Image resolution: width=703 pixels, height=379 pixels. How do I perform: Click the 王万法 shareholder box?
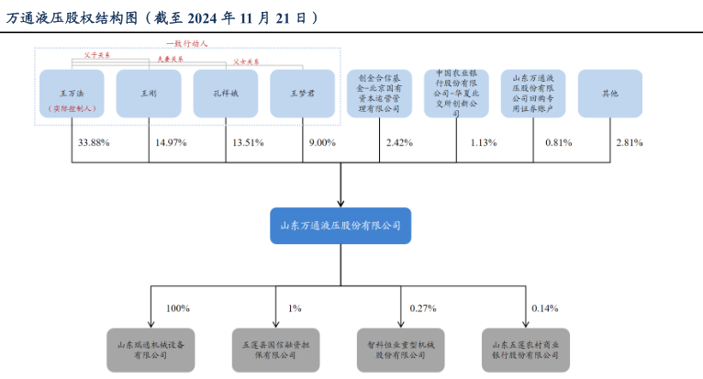(72, 94)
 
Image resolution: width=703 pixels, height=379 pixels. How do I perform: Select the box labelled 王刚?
(149, 94)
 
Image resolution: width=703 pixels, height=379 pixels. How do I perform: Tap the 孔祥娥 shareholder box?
(226, 94)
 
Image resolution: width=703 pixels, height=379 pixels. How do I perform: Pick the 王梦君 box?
(303, 94)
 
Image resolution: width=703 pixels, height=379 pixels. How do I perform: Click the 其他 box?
(609, 94)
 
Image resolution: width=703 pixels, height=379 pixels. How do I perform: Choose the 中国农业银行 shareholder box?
(456, 94)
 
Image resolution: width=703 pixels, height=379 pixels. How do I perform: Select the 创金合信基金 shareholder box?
(379, 94)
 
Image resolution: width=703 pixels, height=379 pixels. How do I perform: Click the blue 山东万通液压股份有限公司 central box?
(340, 225)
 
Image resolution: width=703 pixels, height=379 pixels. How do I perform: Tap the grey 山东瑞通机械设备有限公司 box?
(151, 348)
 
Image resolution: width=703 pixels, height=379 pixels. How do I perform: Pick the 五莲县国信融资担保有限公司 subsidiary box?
(276, 348)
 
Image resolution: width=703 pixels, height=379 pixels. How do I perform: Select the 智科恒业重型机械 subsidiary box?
(402, 348)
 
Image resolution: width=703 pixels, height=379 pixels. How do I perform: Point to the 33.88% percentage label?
(94, 142)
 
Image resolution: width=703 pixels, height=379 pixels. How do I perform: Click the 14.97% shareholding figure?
(171, 142)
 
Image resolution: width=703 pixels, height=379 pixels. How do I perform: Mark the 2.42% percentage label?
(399, 142)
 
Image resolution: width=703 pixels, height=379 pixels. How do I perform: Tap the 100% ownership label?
(178, 308)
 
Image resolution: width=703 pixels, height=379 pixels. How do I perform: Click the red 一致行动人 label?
(187, 42)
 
